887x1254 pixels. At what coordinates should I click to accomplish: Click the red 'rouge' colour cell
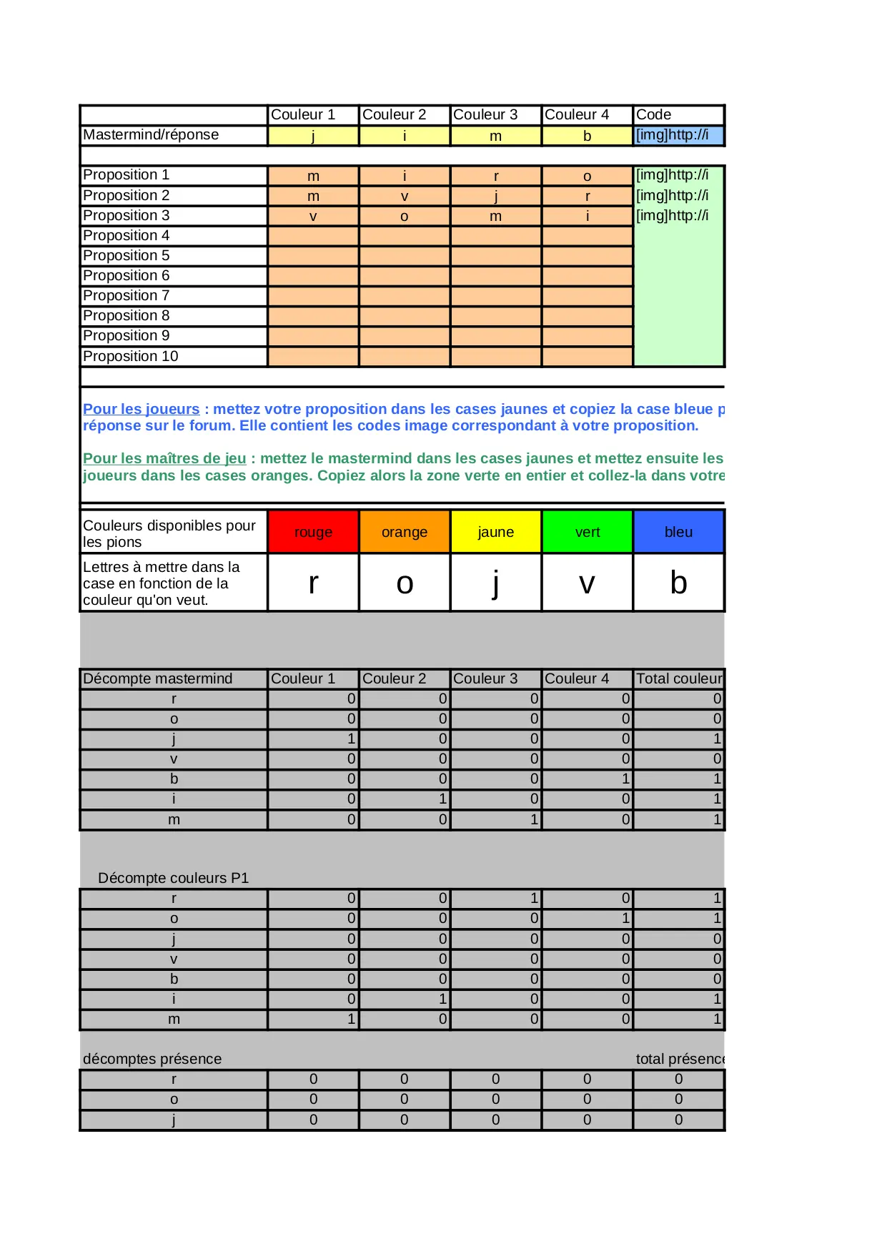click(x=313, y=532)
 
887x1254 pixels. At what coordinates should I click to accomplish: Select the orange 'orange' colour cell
click(x=405, y=532)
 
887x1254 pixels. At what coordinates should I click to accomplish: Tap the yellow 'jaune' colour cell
click(x=496, y=532)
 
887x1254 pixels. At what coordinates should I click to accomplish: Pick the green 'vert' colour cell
click(x=588, y=532)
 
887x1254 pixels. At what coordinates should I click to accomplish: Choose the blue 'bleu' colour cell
click(x=678, y=532)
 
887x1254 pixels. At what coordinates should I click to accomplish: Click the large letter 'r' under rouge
click(x=313, y=583)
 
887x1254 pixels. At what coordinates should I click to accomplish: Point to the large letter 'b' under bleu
click(x=678, y=583)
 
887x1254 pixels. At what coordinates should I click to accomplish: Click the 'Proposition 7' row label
click(x=127, y=296)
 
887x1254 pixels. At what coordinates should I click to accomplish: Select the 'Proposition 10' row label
click(x=131, y=356)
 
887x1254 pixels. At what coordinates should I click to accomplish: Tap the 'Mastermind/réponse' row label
click(x=151, y=135)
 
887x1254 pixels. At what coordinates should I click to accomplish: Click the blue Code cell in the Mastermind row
click(x=678, y=135)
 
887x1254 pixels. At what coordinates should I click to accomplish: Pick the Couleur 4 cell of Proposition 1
click(x=588, y=176)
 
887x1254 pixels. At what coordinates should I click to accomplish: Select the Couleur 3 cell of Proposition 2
click(x=496, y=196)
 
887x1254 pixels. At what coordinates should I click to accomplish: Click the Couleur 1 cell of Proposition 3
click(x=313, y=216)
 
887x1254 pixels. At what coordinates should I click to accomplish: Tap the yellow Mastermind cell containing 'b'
click(x=588, y=136)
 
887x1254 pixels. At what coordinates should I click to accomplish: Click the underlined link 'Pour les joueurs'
click(x=141, y=409)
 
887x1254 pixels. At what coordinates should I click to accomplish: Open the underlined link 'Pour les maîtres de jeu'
click(x=164, y=458)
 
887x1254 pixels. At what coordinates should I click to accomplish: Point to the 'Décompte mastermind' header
click(x=158, y=678)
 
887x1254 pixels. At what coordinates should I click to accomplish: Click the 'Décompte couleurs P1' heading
click(x=174, y=878)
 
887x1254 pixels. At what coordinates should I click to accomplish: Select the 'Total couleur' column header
click(x=679, y=678)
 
